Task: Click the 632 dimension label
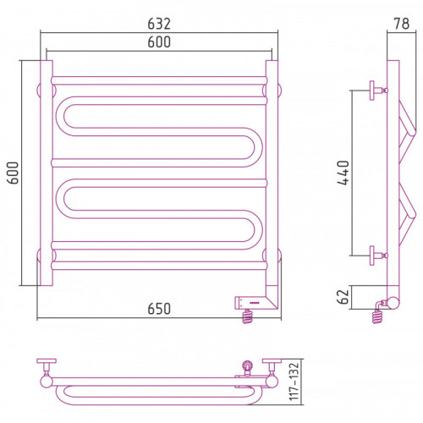pyautogui.click(x=159, y=24)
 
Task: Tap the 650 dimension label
pyautogui.click(x=159, y=309)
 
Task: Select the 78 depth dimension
pyautogui.click(x=402, y=24)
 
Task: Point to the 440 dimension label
pyautogui.click(x=343, y=173)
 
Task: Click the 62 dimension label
pyautogui.click(x=343, y=297)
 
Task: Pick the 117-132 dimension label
pyautogui.click(x=294, y=382)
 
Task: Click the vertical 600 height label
pyautogui.click(x=13, y=173)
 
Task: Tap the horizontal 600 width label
pyautogui.click(x=159, y=42)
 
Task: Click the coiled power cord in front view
pyautogui.click(x=248, y=316)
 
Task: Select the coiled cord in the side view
pyautogui.click(x=377, y=316)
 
